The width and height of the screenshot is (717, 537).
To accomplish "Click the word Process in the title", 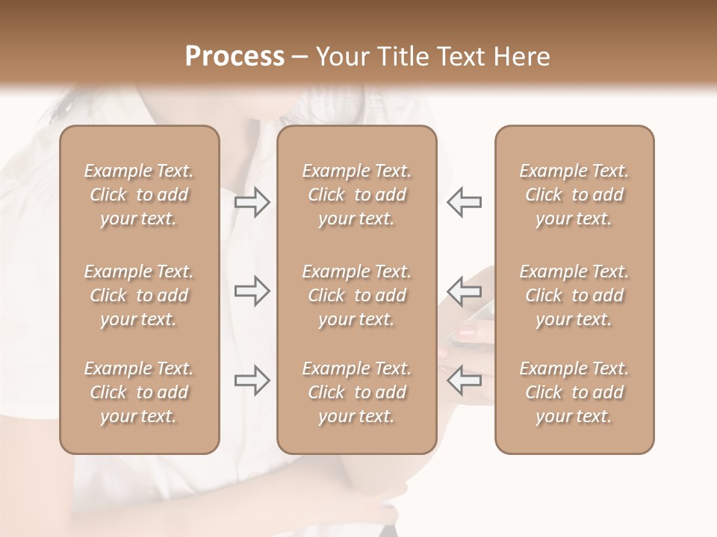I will [235, 57].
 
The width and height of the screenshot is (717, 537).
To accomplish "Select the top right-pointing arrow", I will [252, 202].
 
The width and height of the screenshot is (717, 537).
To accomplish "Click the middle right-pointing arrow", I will [252, 291].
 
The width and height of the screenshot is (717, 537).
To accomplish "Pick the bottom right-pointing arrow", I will [252, 380].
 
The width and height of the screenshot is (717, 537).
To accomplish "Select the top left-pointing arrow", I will [464, 202].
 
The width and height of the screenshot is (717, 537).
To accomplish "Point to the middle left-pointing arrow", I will [464, 291].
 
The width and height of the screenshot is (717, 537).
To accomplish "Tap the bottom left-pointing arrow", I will [464, 380].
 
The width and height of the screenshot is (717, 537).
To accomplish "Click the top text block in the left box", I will [139, 195].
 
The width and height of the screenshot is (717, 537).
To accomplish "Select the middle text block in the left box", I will [139, 295].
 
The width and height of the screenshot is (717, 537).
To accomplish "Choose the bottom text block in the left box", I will [139, 392].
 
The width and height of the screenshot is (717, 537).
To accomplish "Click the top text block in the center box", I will [357, 195].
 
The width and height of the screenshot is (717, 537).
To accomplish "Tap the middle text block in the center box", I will [357, 295].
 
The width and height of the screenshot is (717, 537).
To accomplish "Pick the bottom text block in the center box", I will [357, 392].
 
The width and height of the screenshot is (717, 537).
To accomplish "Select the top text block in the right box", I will [574, 195].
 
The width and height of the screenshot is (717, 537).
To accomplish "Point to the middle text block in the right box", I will [574, 295].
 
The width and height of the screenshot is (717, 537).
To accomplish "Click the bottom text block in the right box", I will [574, 392].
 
